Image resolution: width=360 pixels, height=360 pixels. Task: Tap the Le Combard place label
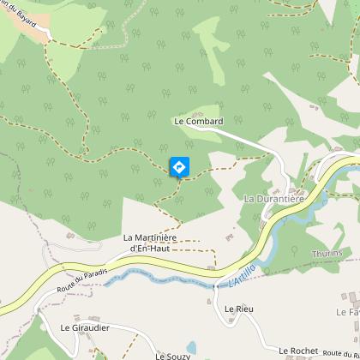coord(198,122)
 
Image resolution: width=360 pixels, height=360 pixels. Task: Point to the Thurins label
coord(327,254)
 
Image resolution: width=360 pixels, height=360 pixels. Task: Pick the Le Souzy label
coord(171,355)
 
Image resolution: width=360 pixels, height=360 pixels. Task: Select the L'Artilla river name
coord(243,276)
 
